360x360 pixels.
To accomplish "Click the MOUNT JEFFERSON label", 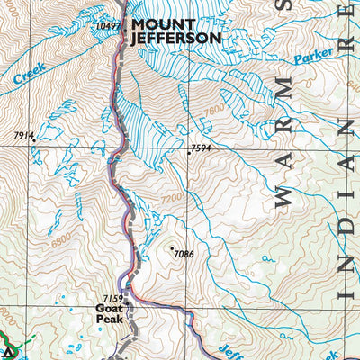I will [x=175, y=31].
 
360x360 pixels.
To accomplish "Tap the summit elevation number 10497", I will [x=106, y=26].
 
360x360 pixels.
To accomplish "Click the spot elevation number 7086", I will [x=183, y=254].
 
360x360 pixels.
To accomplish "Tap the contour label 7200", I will [x=172, y=196].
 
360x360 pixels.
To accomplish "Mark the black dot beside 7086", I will [x=171, y=247].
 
